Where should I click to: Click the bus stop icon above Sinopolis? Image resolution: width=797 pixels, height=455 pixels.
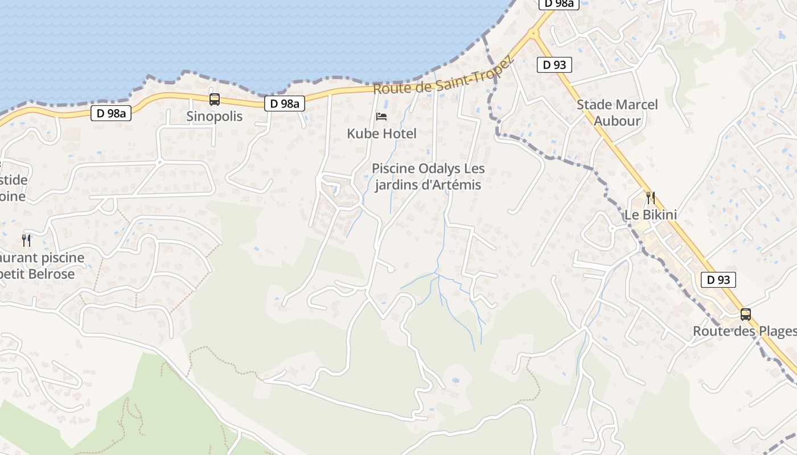(215, 100)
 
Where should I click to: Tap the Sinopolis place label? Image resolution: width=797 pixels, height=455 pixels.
(215, 117)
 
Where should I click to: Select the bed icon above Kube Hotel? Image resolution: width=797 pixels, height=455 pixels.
(381, 117)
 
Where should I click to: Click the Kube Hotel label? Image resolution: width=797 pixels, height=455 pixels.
(382, 134)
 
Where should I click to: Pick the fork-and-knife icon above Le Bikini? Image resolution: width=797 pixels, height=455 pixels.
(651, 198)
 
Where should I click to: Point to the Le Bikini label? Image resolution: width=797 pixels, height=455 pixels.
(651, 215)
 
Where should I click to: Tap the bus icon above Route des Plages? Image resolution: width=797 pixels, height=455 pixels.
(745, 314)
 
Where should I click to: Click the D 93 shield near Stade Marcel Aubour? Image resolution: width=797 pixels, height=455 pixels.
(554, 65)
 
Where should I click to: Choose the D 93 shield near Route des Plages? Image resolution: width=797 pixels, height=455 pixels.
(718, 280)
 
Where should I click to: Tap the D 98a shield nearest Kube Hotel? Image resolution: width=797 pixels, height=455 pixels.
(284, 104)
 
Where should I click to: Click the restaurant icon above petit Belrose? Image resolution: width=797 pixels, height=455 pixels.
(26, 240)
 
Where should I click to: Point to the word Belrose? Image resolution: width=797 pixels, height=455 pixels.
(51, 274)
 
